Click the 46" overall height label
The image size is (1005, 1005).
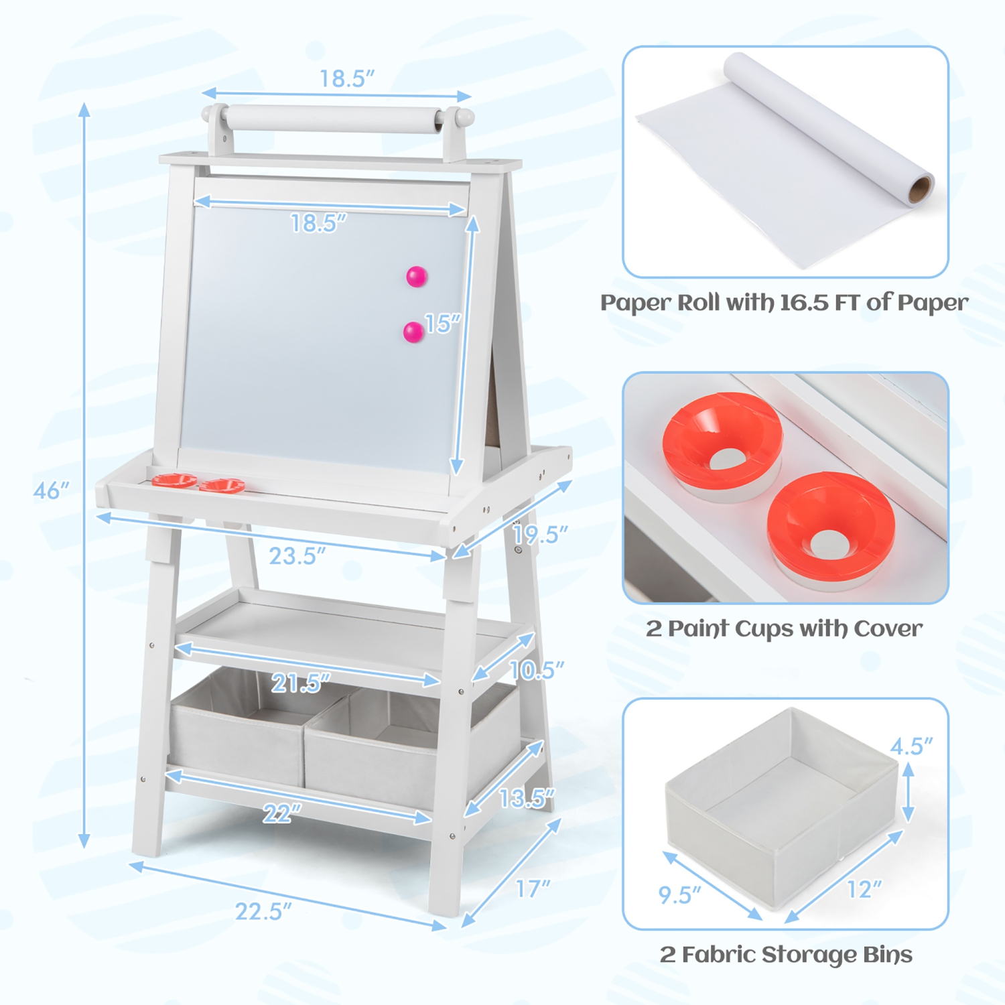point(51,491)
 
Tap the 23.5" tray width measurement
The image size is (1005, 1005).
point(297,556)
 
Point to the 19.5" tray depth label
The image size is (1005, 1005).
point(540,535)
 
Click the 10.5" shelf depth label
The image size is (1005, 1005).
point(536,670)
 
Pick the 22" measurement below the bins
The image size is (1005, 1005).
point(282,813)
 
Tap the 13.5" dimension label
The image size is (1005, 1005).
point(527,798)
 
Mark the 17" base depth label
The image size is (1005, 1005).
point(533,889)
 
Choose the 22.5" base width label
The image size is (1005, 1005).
point(263,912)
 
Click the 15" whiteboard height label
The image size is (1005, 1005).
point(443,324)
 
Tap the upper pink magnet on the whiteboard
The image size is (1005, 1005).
point(417,276)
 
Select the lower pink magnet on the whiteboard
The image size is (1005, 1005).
point(413,332)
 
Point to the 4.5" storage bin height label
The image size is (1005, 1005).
point(911,746)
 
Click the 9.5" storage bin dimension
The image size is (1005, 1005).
point(679,895)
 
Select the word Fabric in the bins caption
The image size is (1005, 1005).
point(719,955)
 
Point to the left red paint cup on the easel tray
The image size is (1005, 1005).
point(174,480)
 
